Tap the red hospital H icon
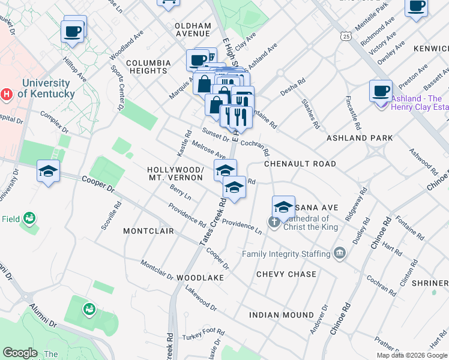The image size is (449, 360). pos(7,94)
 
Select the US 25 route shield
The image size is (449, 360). pos(346,37)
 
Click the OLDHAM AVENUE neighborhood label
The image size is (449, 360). pos(193,30)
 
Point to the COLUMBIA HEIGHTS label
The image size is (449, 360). pos(147,67)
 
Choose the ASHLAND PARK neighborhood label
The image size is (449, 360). pos(360,138)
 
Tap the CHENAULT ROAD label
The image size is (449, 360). pos(300,164)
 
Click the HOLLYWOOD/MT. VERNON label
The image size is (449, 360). pos(176,174)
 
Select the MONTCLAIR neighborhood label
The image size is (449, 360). pos(148,231)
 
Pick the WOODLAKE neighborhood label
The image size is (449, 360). pos(200,278)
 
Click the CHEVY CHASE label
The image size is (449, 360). pos(286,274)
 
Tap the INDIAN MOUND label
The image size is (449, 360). pos(282,315)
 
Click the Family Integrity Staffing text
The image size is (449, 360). pos(287,254)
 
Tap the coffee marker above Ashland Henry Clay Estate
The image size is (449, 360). pos(381,91)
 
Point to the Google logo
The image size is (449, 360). pos(20,353)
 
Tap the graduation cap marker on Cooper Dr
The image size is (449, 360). pos(48,171)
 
